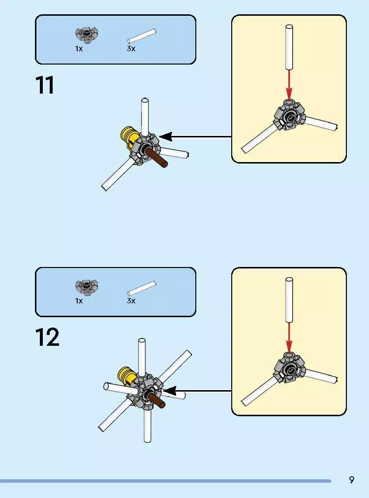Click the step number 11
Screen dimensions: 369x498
tap(45, 85)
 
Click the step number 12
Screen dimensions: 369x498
tap(47, 337)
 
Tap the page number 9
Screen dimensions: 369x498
tap(351, 480)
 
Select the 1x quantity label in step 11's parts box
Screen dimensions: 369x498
tap(79, 49)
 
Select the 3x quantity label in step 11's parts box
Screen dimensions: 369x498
tap(131, 49)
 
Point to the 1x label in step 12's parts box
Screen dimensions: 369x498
tap(79, 300)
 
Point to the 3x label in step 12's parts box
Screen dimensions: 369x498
tap(131, 300)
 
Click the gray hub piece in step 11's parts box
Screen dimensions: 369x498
tap(87, 34)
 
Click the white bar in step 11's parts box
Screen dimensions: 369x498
tap(142, 36)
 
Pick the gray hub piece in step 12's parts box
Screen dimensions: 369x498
tap(87, 287)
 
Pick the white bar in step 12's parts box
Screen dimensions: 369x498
tap(142, 288)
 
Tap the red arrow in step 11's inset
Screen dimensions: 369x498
tap(289, 85)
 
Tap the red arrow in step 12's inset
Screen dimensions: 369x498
tap(289, 337)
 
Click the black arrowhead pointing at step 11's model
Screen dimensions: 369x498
tap(166, 137)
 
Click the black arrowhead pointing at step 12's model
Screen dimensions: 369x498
tap(169, 391)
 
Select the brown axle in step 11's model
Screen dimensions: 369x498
tap(156, 157)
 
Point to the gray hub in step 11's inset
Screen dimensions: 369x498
tap(289, 115)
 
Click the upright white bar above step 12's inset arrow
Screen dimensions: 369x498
tap(289, 300)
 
